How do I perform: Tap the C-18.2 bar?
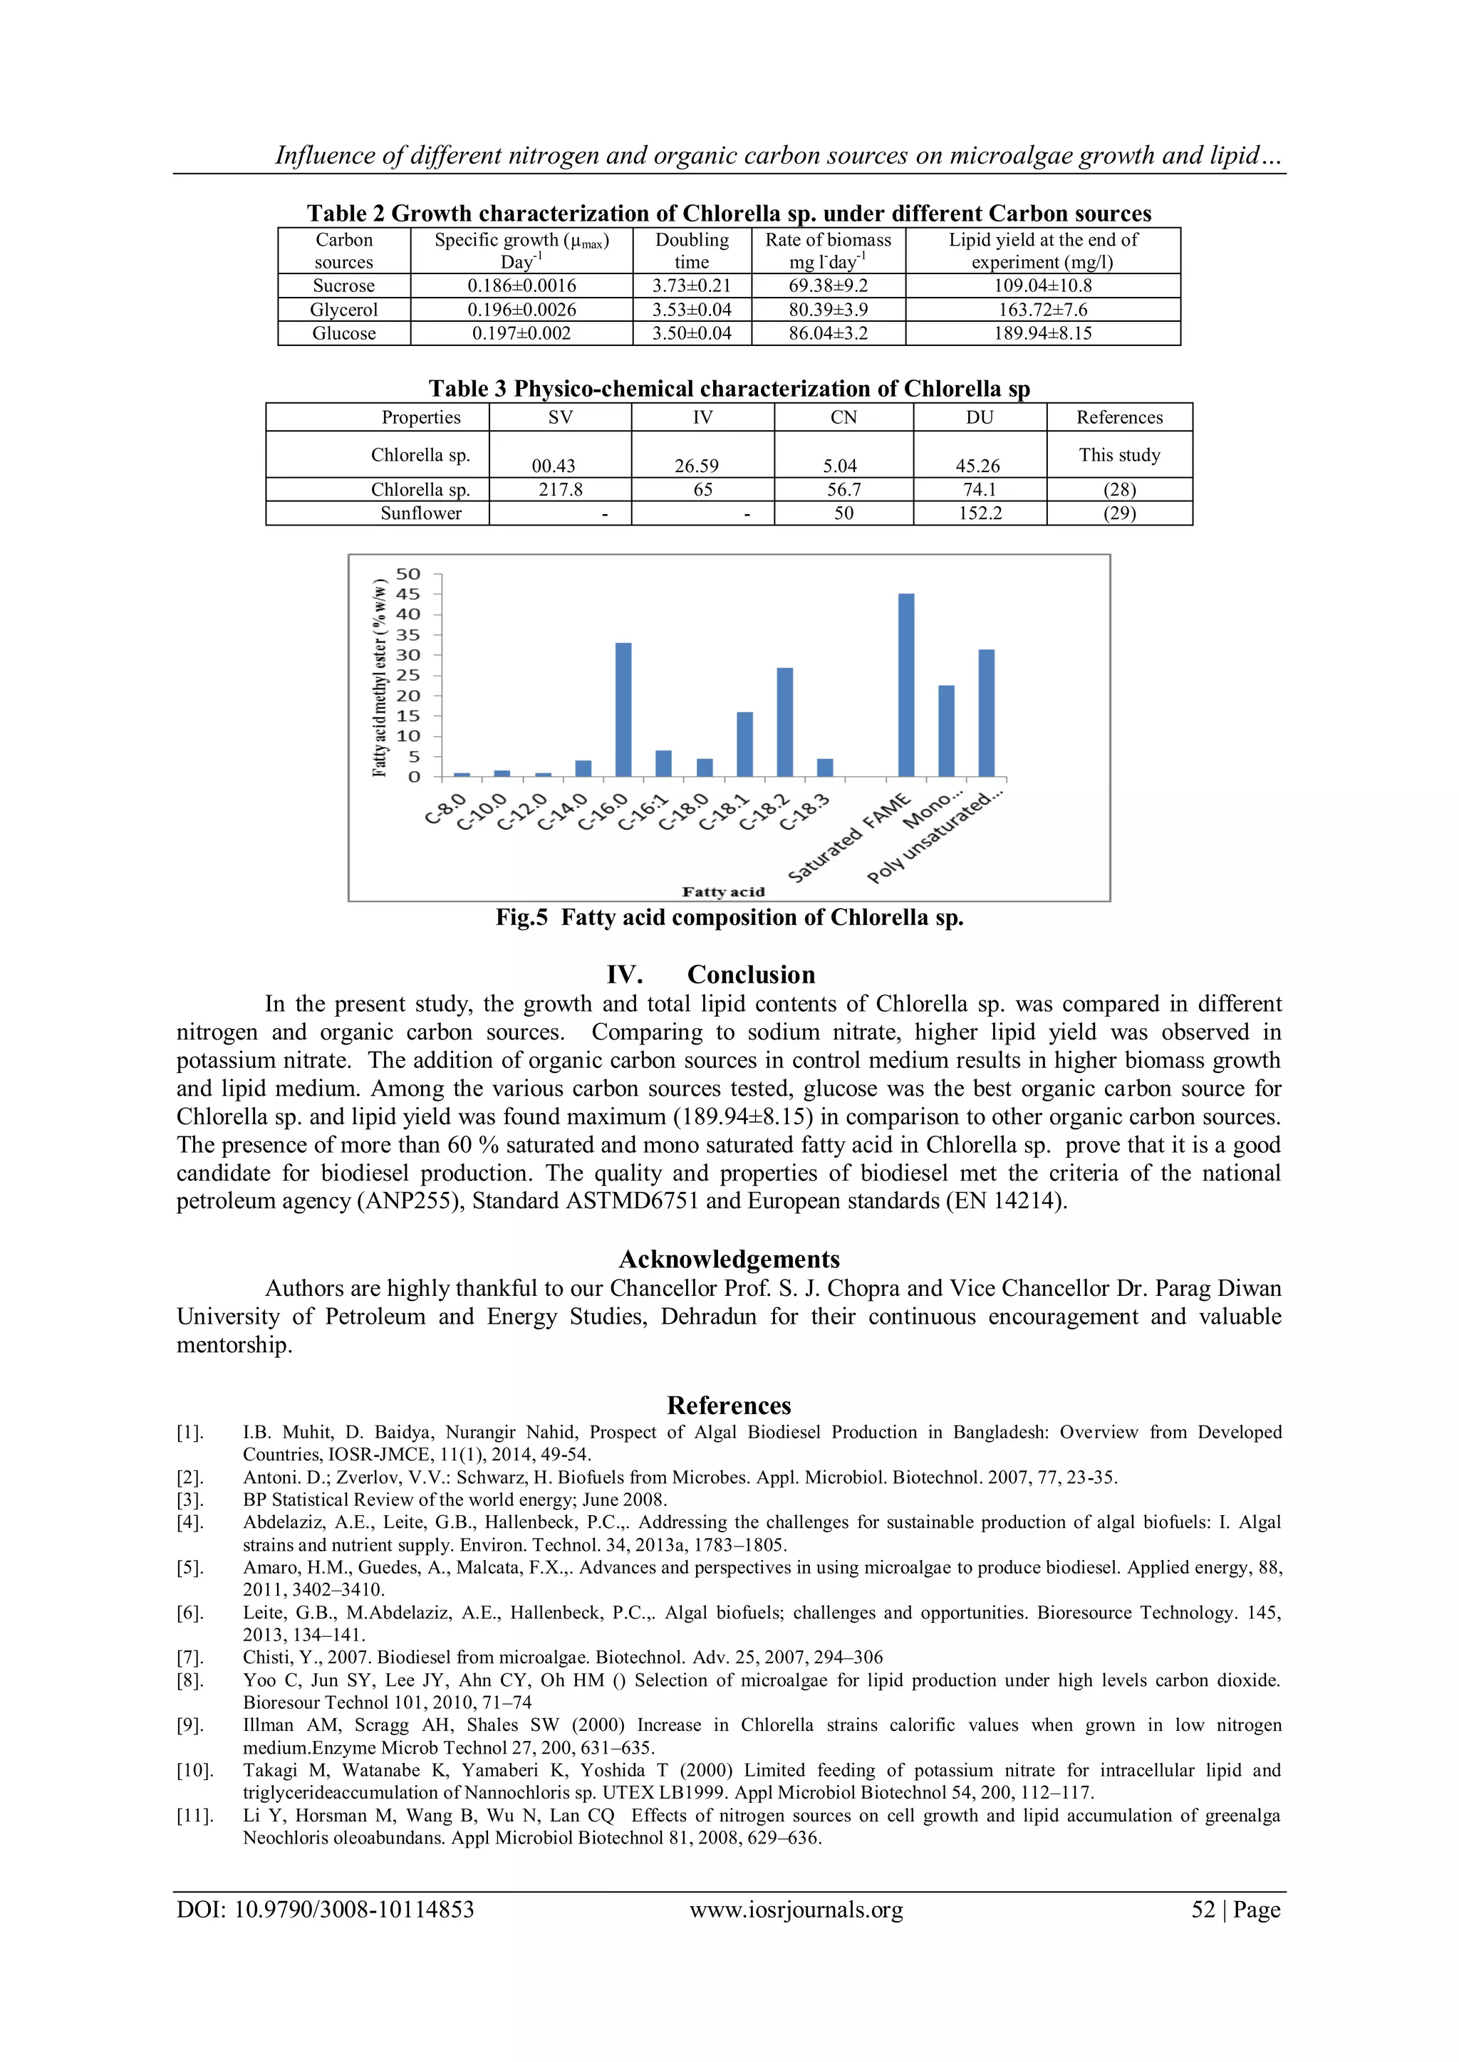coord(784,722)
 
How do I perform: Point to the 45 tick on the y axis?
coord(408,595)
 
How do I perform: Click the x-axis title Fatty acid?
coord(723,891)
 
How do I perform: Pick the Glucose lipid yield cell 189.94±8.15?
coord(1042,333)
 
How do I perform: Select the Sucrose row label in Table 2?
coord(343,286)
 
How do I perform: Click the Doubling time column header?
coord(692,251)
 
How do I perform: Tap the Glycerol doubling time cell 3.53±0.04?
coord(692,310)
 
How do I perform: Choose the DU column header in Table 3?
coord(980,418)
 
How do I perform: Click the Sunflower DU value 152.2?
coord(980,513)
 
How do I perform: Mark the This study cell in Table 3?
coord(1119,454)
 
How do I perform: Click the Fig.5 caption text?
coord(729,918)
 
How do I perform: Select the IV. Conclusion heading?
coord(711,975)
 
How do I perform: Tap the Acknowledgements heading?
coord(729,1259)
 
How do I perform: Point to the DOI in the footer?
coord(326,1910)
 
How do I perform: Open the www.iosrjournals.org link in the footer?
coord(796,1910)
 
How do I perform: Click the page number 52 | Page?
coord(1235,1910)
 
